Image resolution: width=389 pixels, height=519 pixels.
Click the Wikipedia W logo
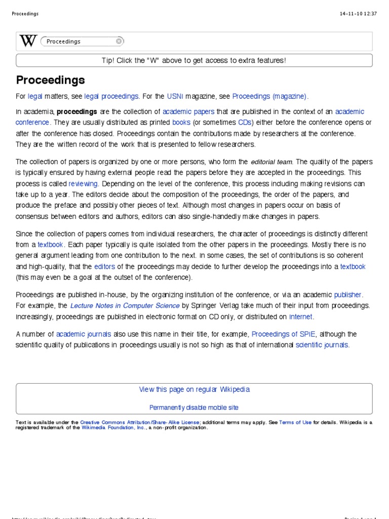pyautogui.click(x=28, y=41)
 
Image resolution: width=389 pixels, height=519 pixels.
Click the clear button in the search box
pyautogui.click(x=119, y=41)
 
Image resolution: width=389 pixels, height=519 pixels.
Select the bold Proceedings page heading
pyautogui.click(x=50, y=80)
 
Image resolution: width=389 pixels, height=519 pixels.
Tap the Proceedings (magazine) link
pyautogui.click(x=270, y=96)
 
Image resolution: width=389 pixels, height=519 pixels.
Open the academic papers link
pyautogui.click(x=188, y=112)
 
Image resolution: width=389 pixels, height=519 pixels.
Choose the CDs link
pyautogui.click(x=245, y=123)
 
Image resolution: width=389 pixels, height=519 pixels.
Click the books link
pyautogui.click(x=181, y=123)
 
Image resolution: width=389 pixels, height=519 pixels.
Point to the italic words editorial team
pyautogui.click(x=271, y=162)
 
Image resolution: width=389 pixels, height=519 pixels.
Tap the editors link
pyautogui.click(x=104, y=267)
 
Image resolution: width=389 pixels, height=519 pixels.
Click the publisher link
pyautogui.click(x=348, y=294)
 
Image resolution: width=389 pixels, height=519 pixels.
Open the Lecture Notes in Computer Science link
pyautogui.click(x=125, y=306)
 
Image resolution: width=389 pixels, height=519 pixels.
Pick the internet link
pyautogui.click(x=301, y=317)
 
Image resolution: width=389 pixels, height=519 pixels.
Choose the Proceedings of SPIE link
pyautogui.click(x=284, y=334)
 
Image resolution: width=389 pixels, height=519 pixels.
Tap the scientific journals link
pyautogui.click(x=322, y=345)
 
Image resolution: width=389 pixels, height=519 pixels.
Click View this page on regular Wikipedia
pyautogui.click(x=194, y=390)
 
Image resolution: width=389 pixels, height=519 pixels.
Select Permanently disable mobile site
pyautogui.click(x=194, y=407)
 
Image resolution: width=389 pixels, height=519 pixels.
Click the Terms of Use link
pyautogui.click(x=295, y=422)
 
